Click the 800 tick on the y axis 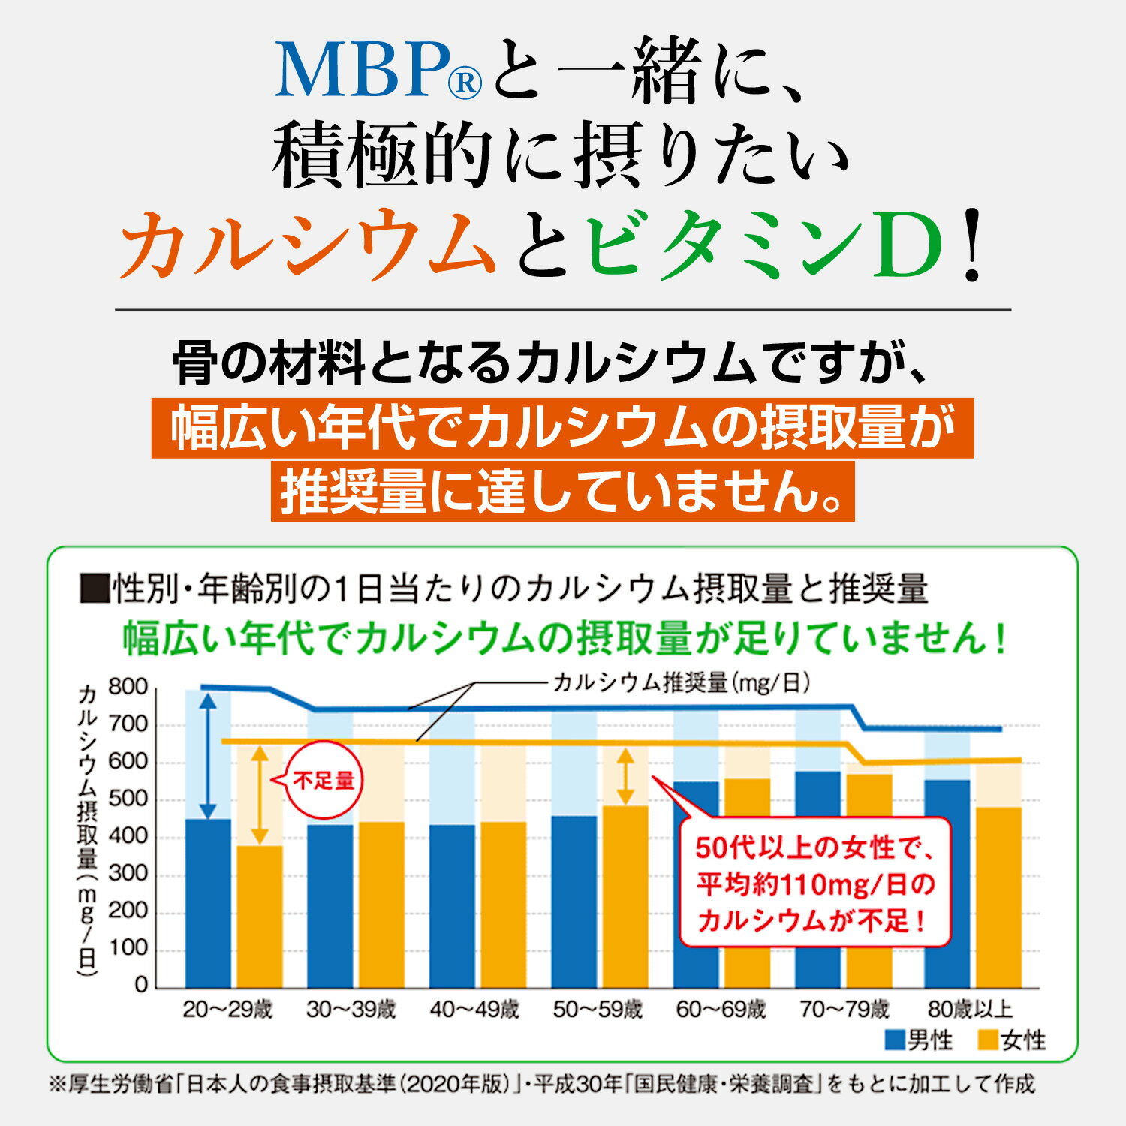[128, 687]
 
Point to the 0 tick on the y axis [141, 985]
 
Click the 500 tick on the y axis [128, 799]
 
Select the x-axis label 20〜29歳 [227, 1010]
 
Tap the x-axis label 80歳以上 [970, 1010]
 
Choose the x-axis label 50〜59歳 [598, 1010]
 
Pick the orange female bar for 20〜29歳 [260, 917]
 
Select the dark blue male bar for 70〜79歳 [817, 879]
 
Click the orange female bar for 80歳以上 [998, 897]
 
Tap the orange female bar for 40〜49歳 [503, 905]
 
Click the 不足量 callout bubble [324, 781]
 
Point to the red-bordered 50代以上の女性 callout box [814, 883]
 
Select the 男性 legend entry [920, 1040]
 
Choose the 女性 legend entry [1013, 1040]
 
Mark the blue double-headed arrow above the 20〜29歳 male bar [209, 754]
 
